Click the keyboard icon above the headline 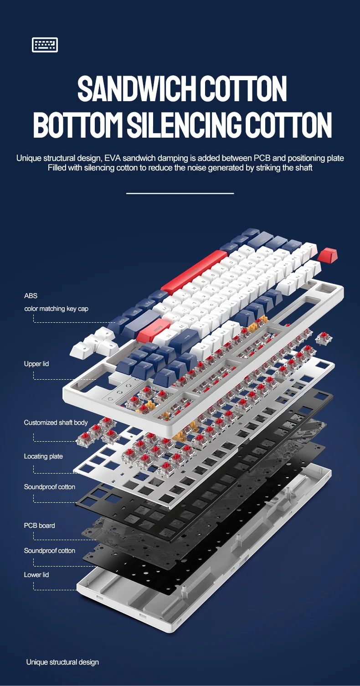45,45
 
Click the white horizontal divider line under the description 180,194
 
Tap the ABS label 31,295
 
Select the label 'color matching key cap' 57,309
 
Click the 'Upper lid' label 36,364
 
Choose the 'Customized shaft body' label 56,423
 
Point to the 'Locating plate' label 43,456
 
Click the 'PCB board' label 40,525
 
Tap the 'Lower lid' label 36,574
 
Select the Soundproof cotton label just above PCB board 49,487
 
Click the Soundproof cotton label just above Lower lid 49,550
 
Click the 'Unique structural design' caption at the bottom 62,662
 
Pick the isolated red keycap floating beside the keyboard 328,255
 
